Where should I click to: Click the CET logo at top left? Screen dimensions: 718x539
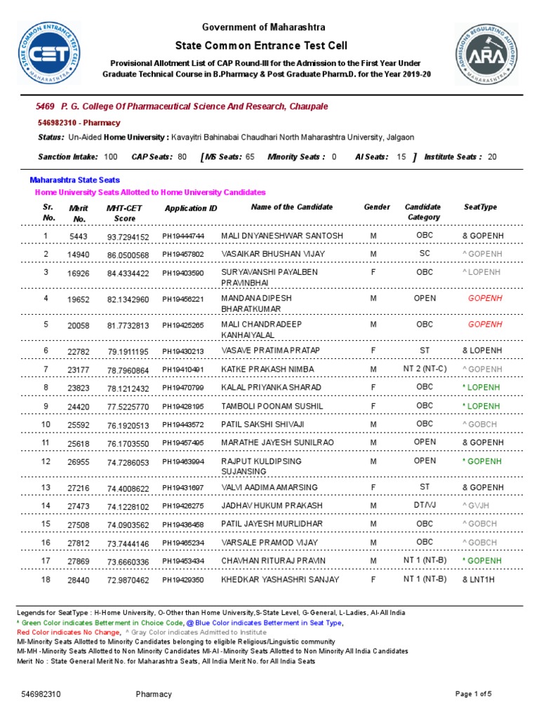tap(48, 53)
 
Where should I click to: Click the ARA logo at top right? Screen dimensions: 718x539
tap(488, 54)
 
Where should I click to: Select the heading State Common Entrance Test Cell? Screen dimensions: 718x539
tap(264, 43)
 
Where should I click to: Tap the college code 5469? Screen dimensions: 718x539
tap(44, 106)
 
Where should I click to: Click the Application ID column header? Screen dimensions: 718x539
tap(191, 208)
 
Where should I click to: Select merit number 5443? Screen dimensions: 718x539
tap(79, 236)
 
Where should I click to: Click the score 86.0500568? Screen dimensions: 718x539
tap(128, 255)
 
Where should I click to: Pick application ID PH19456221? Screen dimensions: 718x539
tap(183, 299)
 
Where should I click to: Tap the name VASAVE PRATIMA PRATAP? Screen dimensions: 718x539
tap(271, 350)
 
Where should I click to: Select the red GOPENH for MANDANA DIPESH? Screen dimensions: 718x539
tap(486, 298)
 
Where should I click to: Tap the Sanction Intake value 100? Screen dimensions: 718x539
tap(110, 156)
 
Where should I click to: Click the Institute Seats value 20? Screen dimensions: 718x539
tap(491, 156)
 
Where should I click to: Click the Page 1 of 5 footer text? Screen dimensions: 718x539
tap(474, 694)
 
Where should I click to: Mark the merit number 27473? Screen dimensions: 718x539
tap(79, 506)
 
